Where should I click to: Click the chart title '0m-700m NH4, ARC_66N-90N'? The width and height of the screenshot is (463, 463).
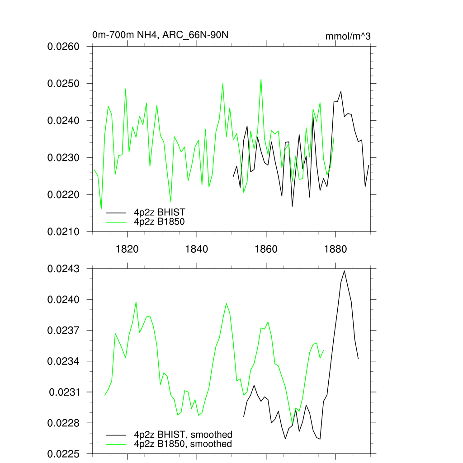pyautogui.click(x=163, y=35)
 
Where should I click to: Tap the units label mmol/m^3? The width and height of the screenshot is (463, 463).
pyautogui.click(x=348, y=36)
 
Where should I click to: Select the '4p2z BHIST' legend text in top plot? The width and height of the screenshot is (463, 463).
pyautogui.click(x=160, y=212)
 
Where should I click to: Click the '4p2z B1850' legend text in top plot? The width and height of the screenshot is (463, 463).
pyautogui.click(x=160, y=222)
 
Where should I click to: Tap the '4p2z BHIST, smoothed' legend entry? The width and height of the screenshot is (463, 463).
pyautogui.click(x=183, y=435)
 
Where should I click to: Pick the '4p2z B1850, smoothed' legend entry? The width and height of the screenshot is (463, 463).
pyautogui.click(x=183, y=444)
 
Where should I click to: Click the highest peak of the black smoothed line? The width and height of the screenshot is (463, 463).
pyautogui.click(x=345, y=271)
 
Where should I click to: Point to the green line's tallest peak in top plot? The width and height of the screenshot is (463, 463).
pyautogui.click(x=261, y=79)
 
